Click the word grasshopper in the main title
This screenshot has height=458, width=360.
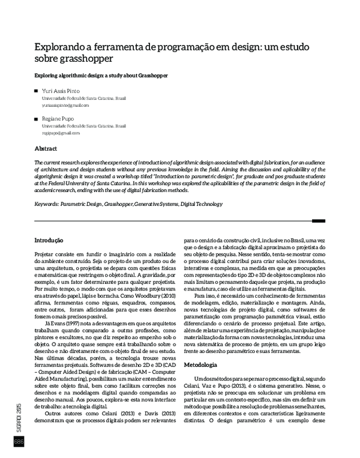tap(86, 59)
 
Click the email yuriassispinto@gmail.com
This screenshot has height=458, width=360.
tap(65, 105)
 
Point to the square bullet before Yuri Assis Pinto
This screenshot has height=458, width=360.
tap(37, 91)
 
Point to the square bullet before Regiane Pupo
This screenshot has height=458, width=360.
tap(37, 119)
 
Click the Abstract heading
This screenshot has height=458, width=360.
tap(46, 148)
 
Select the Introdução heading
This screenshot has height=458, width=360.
tap(50, 241)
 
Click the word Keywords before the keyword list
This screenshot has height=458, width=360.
tap(46, 204)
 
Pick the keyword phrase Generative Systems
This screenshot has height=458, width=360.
tap(157, 204)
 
